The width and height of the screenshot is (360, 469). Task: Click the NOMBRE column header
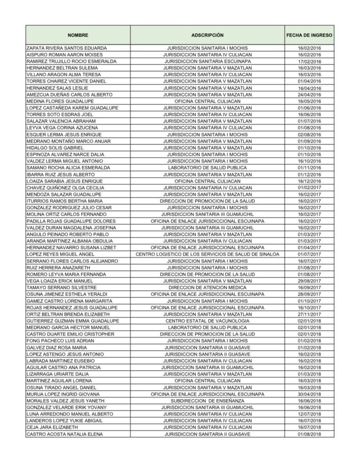pos(78,35)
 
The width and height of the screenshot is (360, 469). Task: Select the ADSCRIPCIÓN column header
pos(207,35)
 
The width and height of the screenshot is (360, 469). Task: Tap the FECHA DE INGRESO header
pos(309,35)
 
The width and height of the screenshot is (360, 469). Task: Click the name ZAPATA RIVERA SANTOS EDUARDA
pos(67,48)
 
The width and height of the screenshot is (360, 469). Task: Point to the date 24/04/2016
pos(309,94)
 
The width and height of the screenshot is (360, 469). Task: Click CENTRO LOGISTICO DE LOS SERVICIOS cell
pos(207,254)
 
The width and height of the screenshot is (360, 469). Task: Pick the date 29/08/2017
pos(309,280)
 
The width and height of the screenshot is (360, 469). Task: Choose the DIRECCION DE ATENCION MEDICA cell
pos(207,287)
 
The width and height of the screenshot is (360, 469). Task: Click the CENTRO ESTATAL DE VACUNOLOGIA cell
pos(207,321)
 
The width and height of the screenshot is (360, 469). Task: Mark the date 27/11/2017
pos(309,314)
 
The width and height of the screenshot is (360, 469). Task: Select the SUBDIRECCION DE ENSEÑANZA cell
pos(207,400)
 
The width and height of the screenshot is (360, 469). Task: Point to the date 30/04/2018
pos(309,394)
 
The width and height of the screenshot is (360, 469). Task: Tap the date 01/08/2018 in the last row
pos(309,434)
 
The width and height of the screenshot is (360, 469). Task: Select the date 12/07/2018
pos(309,414)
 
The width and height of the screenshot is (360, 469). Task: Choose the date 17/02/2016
pos(309,61)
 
